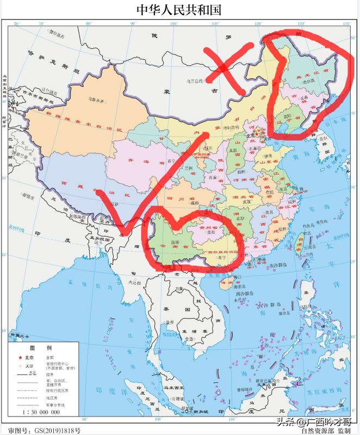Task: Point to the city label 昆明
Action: click(177, 241)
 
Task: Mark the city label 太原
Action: click(233, 149)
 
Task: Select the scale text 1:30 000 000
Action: click(40, 414)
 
